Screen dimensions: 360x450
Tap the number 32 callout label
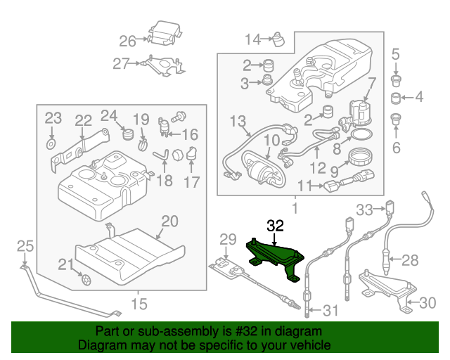coord(275,226)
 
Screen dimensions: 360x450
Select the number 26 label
coord(127,40)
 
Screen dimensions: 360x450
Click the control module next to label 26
coord(163,33)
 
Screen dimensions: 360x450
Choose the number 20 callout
coord(170,222)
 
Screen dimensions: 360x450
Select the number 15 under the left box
coord(139,304)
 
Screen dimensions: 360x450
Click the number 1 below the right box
coord(295,209)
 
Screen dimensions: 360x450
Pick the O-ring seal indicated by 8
coord(361,134)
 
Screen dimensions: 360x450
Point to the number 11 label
coord(303,186)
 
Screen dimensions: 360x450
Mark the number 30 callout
coord(427,304)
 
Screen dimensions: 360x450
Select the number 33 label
coord(364,209)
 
